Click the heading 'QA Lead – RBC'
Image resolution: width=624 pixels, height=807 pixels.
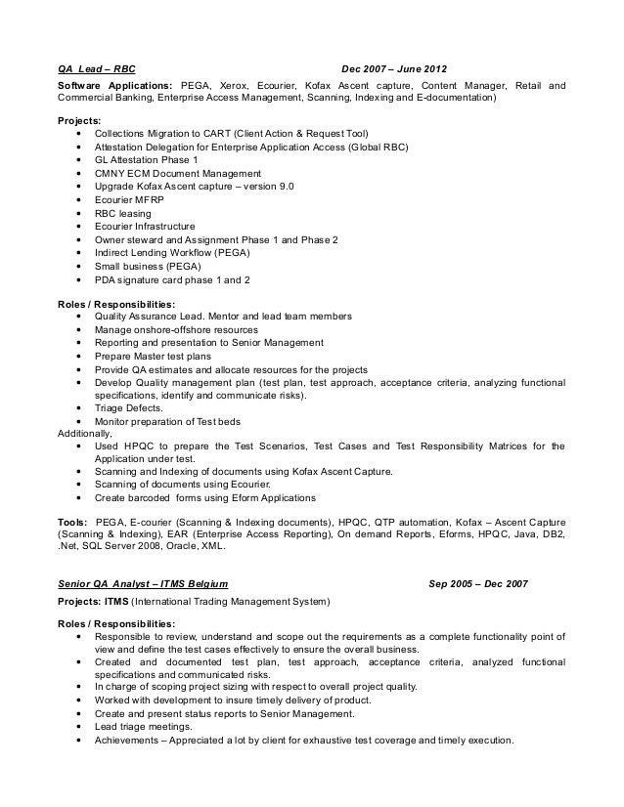pos(95,69)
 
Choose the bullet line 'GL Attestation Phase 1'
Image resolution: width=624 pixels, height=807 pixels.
pos(146,159)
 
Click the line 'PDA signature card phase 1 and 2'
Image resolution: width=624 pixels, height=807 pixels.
pos(172,278)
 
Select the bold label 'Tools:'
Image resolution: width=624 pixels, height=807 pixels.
pos(72,522)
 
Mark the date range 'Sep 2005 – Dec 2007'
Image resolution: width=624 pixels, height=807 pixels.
pos(478,584)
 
